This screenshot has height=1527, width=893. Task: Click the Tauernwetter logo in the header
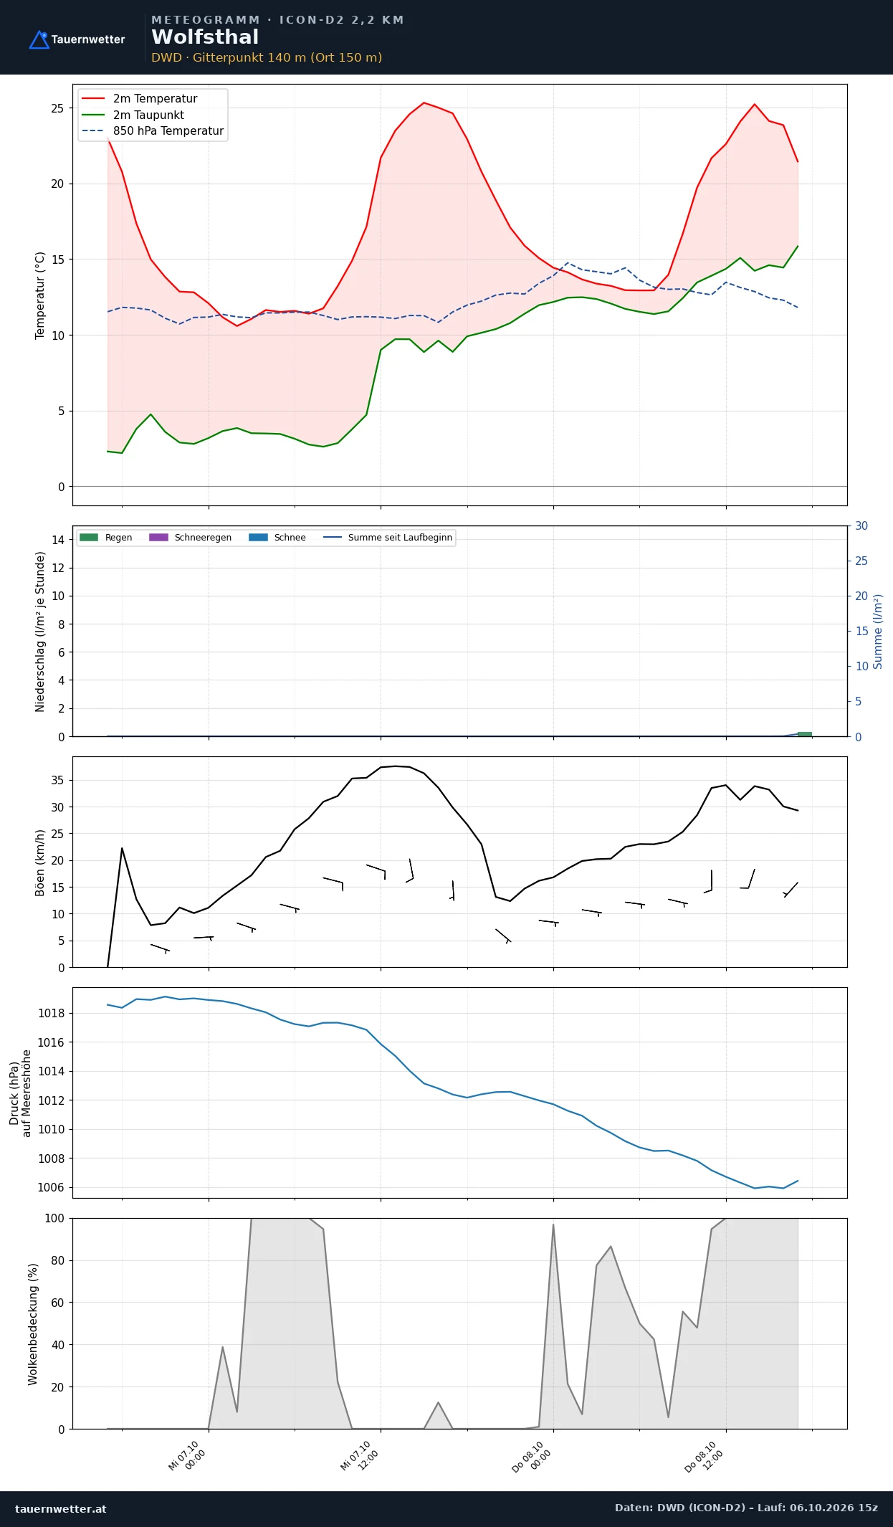click(x=77, y=39)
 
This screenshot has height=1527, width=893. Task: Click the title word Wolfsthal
click(x=205, y=37)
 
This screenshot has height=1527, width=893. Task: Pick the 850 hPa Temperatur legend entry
click(x=153, y=131)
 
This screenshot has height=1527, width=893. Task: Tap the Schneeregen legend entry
click(x=190, y=538)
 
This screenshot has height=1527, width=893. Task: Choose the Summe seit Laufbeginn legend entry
click(x=388, y=538)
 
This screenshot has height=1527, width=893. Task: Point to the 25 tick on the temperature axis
click(x=57, y=108)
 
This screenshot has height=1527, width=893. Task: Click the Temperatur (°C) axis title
click(x=40, y=295)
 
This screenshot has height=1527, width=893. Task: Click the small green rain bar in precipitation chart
click(x=805, y=734)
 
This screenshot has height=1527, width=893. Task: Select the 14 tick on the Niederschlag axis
click(x=58, y=540)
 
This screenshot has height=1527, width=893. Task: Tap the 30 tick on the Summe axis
click(x=861, y=526)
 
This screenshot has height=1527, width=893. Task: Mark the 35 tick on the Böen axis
click(x=57, y=780)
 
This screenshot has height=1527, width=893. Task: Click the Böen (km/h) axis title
click(x=40, y=862)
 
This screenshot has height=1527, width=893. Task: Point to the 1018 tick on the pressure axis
click(x=51, y=1013)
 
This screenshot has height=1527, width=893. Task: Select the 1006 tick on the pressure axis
click(x=51, y=1187)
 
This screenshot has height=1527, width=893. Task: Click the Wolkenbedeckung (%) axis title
click(x=33, y=1324)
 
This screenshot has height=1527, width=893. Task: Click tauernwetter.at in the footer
click(x=61, y=1508)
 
